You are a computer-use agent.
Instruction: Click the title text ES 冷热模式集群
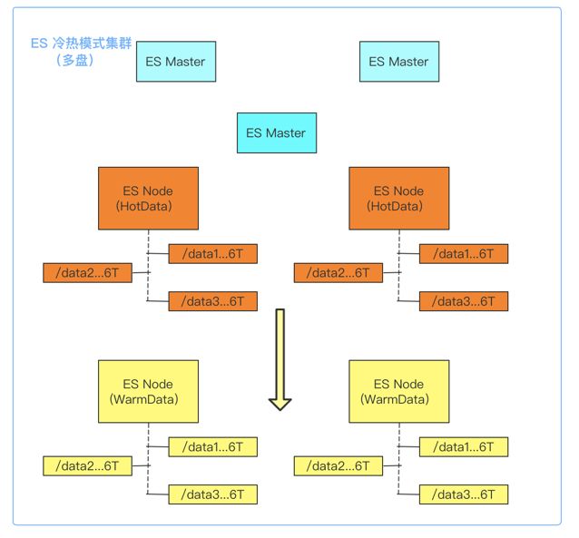coord(81,44)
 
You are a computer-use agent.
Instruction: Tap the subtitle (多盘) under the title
coord(74,60)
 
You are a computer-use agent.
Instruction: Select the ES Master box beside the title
coord(176,62)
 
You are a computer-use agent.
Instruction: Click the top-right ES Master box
coord(399,62)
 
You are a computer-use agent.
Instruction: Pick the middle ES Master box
coord(277,132)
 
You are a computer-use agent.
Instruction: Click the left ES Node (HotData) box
coord(148,199)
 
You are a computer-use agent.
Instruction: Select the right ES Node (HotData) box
coord(398,199)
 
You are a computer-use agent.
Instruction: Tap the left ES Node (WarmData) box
coord(148,391)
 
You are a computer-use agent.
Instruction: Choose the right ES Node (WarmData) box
coord(398,391)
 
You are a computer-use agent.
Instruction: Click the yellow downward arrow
coord(280,359)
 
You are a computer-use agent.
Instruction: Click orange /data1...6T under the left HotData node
coord(212,254)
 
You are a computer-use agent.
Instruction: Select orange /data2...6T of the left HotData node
coord(87,273)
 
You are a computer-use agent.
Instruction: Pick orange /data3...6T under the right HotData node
coord(464,301)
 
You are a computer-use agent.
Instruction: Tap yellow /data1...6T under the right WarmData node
coord(464,446)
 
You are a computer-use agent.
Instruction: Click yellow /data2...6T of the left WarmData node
coord(87,466)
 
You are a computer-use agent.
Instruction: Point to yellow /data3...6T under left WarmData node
coord(212,494)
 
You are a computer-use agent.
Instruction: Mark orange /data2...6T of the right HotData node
coord(339,273)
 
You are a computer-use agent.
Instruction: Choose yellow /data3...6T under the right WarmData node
coord(464,494)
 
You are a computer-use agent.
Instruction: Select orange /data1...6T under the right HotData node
coord(464,254)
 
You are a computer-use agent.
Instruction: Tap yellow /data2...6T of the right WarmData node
coord(339,466)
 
